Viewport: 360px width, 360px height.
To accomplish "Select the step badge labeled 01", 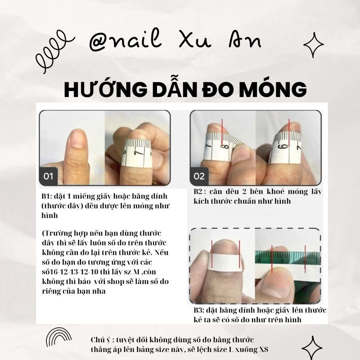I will (49, 176).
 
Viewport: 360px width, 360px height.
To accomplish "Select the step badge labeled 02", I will (199, 176).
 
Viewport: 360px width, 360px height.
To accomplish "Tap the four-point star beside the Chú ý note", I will (311, 347).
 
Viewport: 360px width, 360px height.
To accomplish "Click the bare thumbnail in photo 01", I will (77, 139).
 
